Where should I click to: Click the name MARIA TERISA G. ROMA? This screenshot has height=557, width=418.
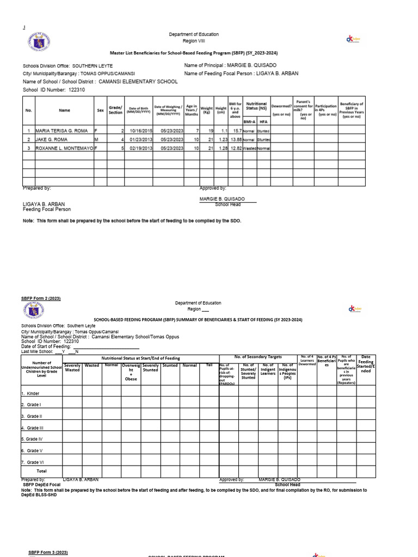tap(60, 131)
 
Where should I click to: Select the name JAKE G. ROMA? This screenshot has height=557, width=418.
tap(52, 139)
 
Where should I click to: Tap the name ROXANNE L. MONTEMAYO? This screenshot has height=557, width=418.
tap(64, 147)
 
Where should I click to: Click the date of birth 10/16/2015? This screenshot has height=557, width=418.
tap(138, 131)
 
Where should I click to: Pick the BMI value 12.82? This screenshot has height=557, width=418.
tap(235, 147)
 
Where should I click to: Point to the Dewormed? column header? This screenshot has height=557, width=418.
tap(282, 109)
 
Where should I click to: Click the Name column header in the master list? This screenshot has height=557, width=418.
tap(64, 110)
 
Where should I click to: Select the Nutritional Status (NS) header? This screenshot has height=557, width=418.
tap(256, 106)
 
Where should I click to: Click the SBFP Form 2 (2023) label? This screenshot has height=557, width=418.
tap(41, 299)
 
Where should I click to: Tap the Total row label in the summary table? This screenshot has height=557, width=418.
tap(41, 471)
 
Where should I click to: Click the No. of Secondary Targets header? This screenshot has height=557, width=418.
tap(258, 356)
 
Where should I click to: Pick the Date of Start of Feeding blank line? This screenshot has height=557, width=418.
tap(105, 346)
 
